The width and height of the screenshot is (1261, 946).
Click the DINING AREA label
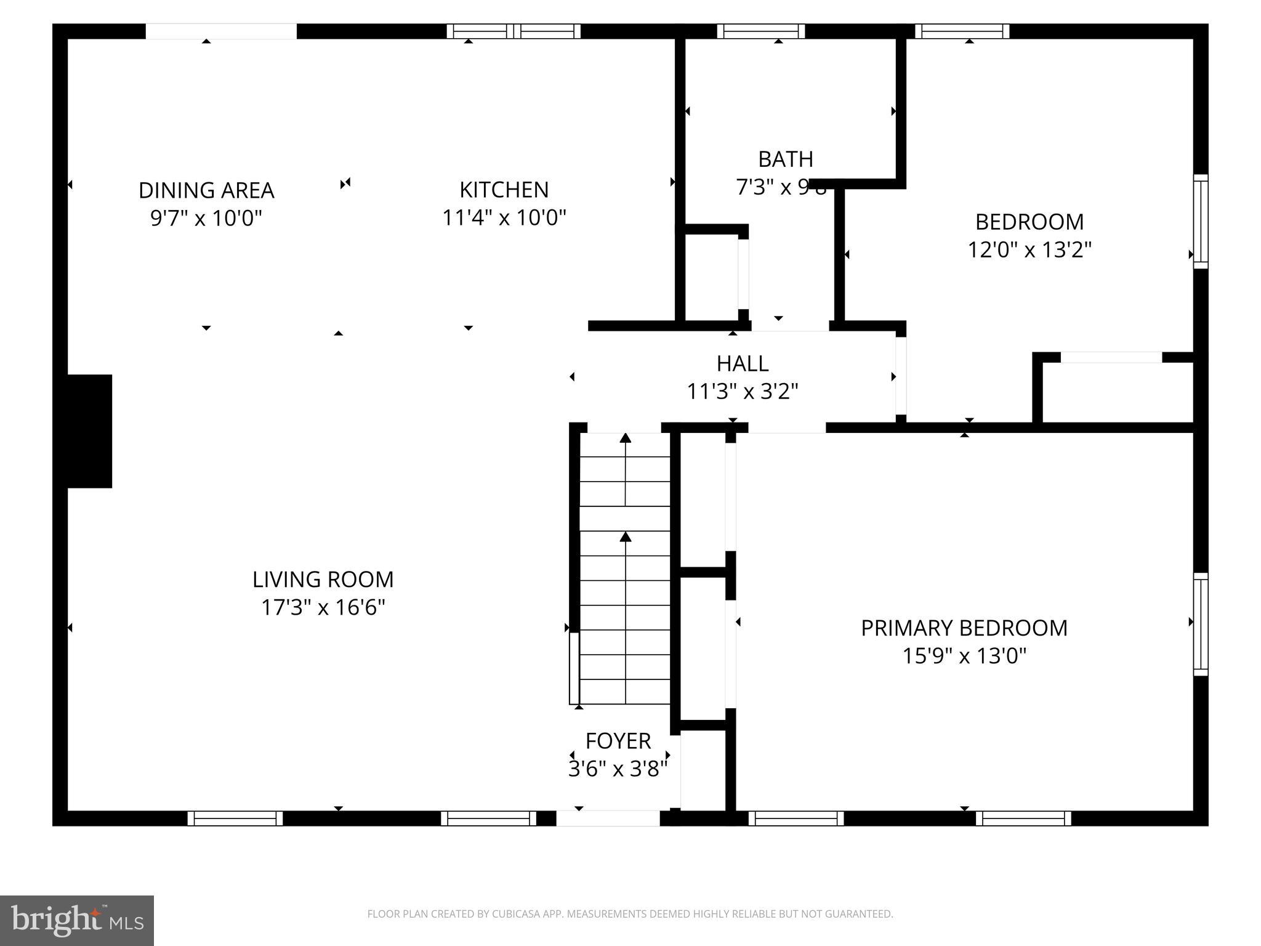pyautogui.click(x=206, y=190)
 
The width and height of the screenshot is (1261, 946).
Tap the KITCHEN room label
pyautogui.click(x=504, y=190)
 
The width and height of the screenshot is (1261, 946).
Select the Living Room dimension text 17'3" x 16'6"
pyautogui.click(x=323, y=607)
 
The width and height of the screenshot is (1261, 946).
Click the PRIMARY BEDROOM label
pyautogui.click(x=964, y=628)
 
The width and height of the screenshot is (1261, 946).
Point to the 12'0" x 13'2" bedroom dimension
pyautogui.click(x=1029, y=250)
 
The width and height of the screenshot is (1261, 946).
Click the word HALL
pyautogui.click(x=743, y=363)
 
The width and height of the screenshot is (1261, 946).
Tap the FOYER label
pyautogui.click(x=618, y=740)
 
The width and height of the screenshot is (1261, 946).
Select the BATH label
pyautogui.click(x=785, y=160)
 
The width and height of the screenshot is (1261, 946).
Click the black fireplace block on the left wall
pyautogui.click(x=89, y=431)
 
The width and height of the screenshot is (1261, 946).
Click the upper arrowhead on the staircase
pyautogui.click(x=626, y=438)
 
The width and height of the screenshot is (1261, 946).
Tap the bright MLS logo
pyautogui.click(x=77, y=920)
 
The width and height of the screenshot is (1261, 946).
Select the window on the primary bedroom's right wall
pyautogui.click(x=1201, y=624)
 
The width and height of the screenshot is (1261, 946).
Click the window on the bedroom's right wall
pyautogui.click(x=1201, y=221)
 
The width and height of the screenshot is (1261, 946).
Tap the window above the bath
pyautogui.click(x=761, y=31)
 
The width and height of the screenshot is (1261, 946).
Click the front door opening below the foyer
pyautogui.click(x=608, y=818)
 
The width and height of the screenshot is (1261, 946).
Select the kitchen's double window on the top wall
pyautogui.click(x=514, y=31)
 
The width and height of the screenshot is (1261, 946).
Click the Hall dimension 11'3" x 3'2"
pyautogui.click(x=743, y=392)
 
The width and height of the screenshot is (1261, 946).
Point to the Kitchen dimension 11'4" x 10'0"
pyautogui.click(x=504, y=218)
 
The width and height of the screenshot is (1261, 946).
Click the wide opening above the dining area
pyautogui.click(x=221, y=31)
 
